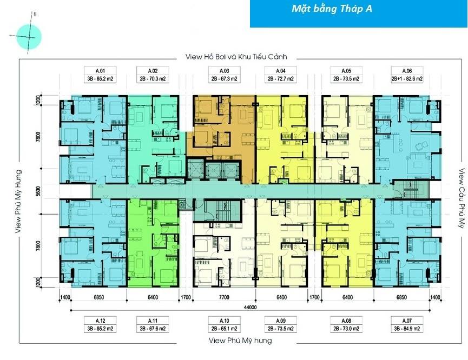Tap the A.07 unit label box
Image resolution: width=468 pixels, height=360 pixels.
click(407, 323)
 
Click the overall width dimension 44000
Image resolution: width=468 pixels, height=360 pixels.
click(249, 308)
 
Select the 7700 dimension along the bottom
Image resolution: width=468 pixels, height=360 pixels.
click(225, 297)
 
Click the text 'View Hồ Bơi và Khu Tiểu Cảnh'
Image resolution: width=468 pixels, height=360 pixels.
click(235, 56)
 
